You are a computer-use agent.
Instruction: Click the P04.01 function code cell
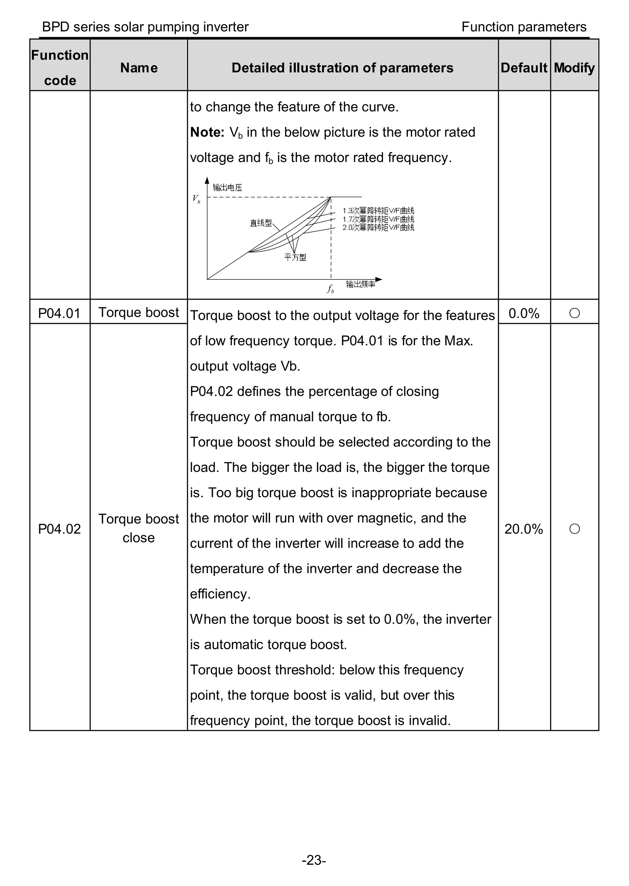59,313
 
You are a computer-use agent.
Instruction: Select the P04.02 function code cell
59,529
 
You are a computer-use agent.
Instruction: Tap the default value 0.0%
524,313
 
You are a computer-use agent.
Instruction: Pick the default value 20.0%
524,529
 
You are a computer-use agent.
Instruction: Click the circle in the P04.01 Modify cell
574,313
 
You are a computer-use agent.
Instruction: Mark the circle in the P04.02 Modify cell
574,529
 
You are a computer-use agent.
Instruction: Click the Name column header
139,68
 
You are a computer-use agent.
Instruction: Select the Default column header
524,68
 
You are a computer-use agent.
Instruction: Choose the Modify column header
574,68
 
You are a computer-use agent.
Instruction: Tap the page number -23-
314,861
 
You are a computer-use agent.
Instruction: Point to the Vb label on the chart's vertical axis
196,199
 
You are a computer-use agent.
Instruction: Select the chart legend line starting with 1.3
378,211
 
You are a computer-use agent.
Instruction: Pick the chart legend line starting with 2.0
378,227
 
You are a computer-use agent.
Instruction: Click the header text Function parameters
524,27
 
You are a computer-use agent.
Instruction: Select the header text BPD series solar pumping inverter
145,27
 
